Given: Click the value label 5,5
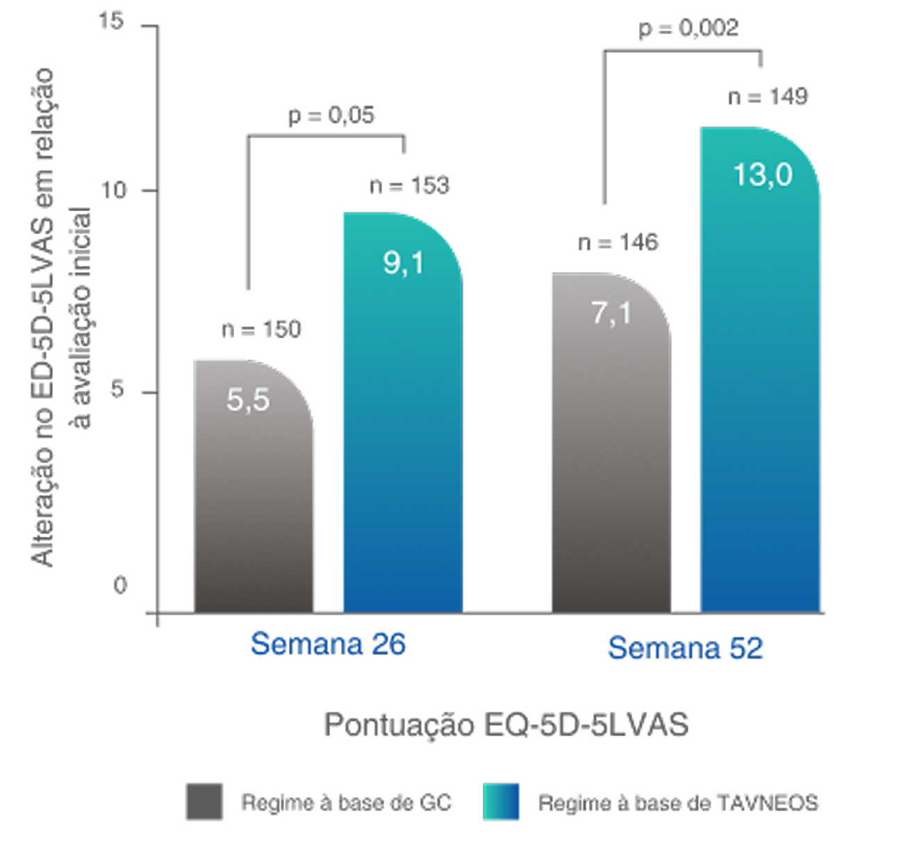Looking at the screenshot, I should click(x=248, y=401).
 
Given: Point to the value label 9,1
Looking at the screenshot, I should click(x=404, y=264).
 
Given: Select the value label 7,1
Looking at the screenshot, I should click(x=611, y=314).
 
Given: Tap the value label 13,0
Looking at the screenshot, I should click(x=763, y=175).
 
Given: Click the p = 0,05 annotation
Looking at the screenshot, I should click(x=331, y=115).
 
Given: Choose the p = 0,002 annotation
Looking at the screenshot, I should click(x=688, y=28).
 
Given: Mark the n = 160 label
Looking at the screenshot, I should click(x=261, y=328).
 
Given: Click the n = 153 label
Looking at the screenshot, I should click(x=410, y=185).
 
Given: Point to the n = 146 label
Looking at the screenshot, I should click(x=618, y=242).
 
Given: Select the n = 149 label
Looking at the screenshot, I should click(x=768, y=96).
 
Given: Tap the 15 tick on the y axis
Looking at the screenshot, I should click(x=111, y=22).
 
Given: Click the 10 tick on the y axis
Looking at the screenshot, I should click(x=115, y=190).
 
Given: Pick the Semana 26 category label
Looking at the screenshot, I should click(x=328, y=645).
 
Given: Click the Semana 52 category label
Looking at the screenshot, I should click(x=685, y=649).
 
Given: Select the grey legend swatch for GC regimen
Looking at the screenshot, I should click(x=204, y=802).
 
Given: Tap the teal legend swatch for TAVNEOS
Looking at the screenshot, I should click(x=502, y=802).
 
